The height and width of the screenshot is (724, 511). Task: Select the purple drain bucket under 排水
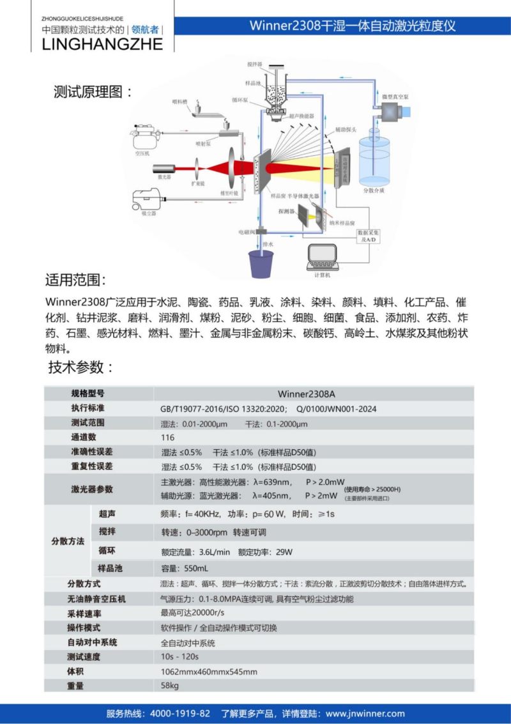click(x=261, y=263)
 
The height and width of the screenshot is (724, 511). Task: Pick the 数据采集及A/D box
click(x=369, y=236)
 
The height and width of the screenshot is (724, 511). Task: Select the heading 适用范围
click(x=75, y=281)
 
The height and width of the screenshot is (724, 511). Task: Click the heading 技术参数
click(x=80, y=367)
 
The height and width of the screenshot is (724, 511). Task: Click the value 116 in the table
click(x=168, y=438)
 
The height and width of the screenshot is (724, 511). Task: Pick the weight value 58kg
click(x=170, y=686)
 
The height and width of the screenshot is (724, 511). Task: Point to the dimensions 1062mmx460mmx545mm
click(x=209, y=671)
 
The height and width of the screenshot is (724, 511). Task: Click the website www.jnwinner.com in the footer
click(x=365, y=713)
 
